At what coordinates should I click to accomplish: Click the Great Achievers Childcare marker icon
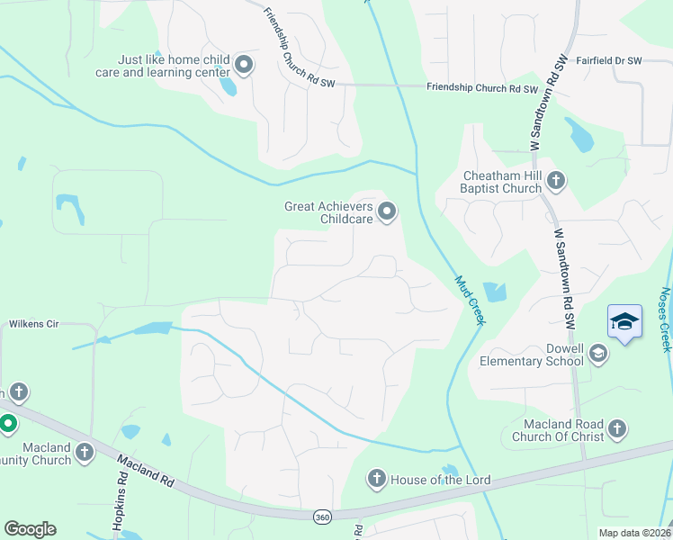pyautogui.click(x=388, y=212)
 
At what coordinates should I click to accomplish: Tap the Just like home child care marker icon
pyautogui.click(x=244, y=64)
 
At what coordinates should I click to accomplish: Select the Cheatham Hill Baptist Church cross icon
pyautogui.click(x=556, y=181)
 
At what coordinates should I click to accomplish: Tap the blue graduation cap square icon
pyautogui.click(x=624, y=322)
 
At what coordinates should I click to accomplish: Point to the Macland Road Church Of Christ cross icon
pyautogui.click(x=617, y=429)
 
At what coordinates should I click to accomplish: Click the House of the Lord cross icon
pyautogui.click(x=377, y=480)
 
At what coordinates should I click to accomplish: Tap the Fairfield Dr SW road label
pyautogui.click(x=609, y=60)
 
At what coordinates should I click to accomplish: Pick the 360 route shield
pyautogui.click(x=322, y=517)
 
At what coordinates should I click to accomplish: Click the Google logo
pyautogui.click(x=30, y=529)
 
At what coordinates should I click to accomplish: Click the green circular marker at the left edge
pyautogui.click(x=6, y=423)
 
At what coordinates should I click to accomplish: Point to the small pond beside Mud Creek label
pyautogui.click(x=494, y=292)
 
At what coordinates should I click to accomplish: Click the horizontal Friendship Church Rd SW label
pyautogui.click(x=481, y=89)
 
